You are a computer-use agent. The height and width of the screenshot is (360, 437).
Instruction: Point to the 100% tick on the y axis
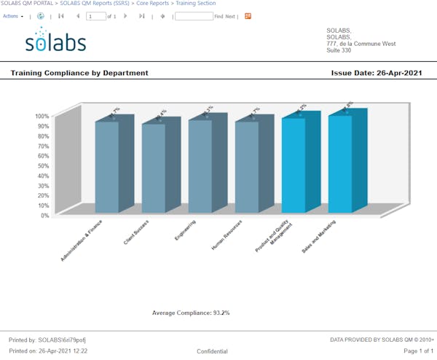(x=42, y=116)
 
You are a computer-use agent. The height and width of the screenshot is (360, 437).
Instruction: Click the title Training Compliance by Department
(x=79, y=73)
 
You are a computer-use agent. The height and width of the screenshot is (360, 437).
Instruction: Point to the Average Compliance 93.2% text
(x=191, y=313)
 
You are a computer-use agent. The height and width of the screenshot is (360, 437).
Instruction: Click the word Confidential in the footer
(x=212, y=351)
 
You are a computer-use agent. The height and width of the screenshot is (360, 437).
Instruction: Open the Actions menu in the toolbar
(x=13, y=15)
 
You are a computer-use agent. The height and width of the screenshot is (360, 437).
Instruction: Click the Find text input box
(x=194, y=15)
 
